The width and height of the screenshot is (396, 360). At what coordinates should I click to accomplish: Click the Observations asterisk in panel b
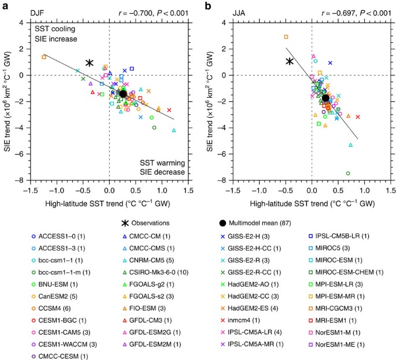[291, 61]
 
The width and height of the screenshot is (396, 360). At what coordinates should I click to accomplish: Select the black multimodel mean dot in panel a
[123, 94]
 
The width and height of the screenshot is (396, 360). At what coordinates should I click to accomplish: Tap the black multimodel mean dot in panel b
[325, 98]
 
